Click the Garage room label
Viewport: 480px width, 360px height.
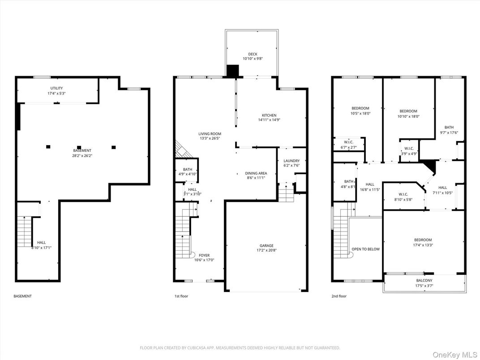266,245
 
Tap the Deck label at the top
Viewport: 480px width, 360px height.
253,54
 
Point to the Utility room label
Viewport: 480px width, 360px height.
56,88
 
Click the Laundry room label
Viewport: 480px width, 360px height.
291,161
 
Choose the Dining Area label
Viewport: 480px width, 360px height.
256,173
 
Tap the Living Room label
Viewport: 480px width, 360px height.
210,134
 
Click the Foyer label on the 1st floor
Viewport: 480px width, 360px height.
204,255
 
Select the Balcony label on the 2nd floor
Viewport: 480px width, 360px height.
424,281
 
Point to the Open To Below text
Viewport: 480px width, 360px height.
365,249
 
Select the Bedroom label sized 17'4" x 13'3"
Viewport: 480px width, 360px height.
423,240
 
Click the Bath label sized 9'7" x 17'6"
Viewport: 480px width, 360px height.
449,127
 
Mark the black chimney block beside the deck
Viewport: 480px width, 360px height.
233,71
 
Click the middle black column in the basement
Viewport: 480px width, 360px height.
79,147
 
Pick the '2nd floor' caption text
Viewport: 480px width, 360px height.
339,296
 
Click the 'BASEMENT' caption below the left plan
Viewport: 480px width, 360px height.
22,296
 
